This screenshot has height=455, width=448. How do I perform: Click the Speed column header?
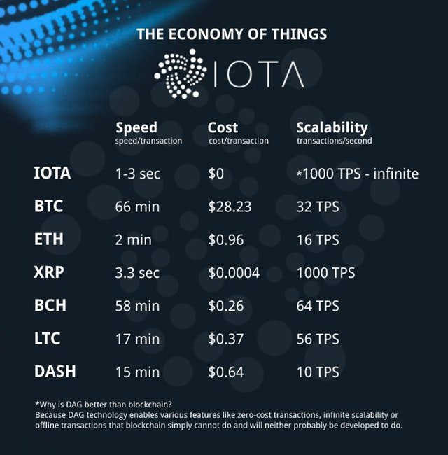136,127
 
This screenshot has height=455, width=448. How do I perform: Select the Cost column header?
223,127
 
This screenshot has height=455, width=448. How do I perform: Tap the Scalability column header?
332,127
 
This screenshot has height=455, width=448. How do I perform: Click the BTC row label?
48,206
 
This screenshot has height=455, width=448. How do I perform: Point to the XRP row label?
49,272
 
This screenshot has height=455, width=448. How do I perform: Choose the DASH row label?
55,372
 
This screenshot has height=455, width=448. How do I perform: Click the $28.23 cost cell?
230,206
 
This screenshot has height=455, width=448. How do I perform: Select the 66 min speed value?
137,207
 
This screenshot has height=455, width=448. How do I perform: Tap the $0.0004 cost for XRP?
234,273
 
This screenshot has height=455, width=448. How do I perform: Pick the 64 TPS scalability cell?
318,306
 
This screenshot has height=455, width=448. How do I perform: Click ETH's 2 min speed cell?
133,240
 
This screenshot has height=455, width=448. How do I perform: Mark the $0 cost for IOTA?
216,174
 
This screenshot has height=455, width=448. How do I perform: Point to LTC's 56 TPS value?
318,339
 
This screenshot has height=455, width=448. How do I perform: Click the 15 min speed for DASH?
137,372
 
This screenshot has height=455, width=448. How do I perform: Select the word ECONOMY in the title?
206,34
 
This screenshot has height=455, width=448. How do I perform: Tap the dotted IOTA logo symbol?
181,73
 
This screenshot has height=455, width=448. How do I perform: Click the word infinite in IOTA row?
395,174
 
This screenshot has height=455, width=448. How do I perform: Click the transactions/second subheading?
335,141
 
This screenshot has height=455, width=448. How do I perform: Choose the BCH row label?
50,305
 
